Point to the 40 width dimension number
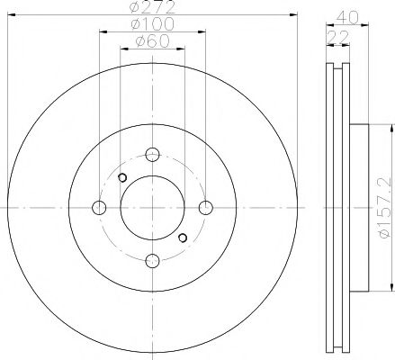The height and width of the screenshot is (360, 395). pos(351,14)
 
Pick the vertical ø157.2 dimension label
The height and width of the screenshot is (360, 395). pos(384,208)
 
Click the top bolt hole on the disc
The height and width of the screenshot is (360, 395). pos(152,155)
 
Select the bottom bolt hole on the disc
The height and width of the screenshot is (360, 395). pos(152,261)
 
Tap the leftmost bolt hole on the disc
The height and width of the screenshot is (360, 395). pos(99,208)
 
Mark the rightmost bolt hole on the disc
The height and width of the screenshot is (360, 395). pos(205,208)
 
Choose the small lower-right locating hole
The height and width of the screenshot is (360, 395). pos(183,238)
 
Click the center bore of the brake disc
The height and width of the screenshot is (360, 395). pos(152,208)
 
